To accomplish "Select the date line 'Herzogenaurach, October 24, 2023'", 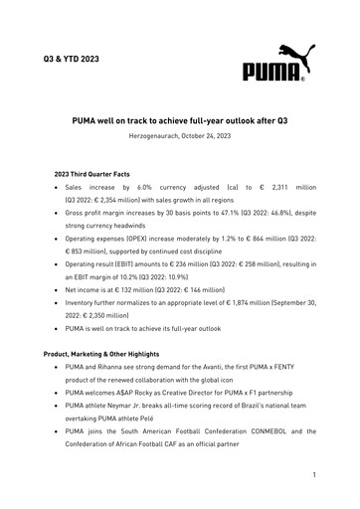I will point(180,135).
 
